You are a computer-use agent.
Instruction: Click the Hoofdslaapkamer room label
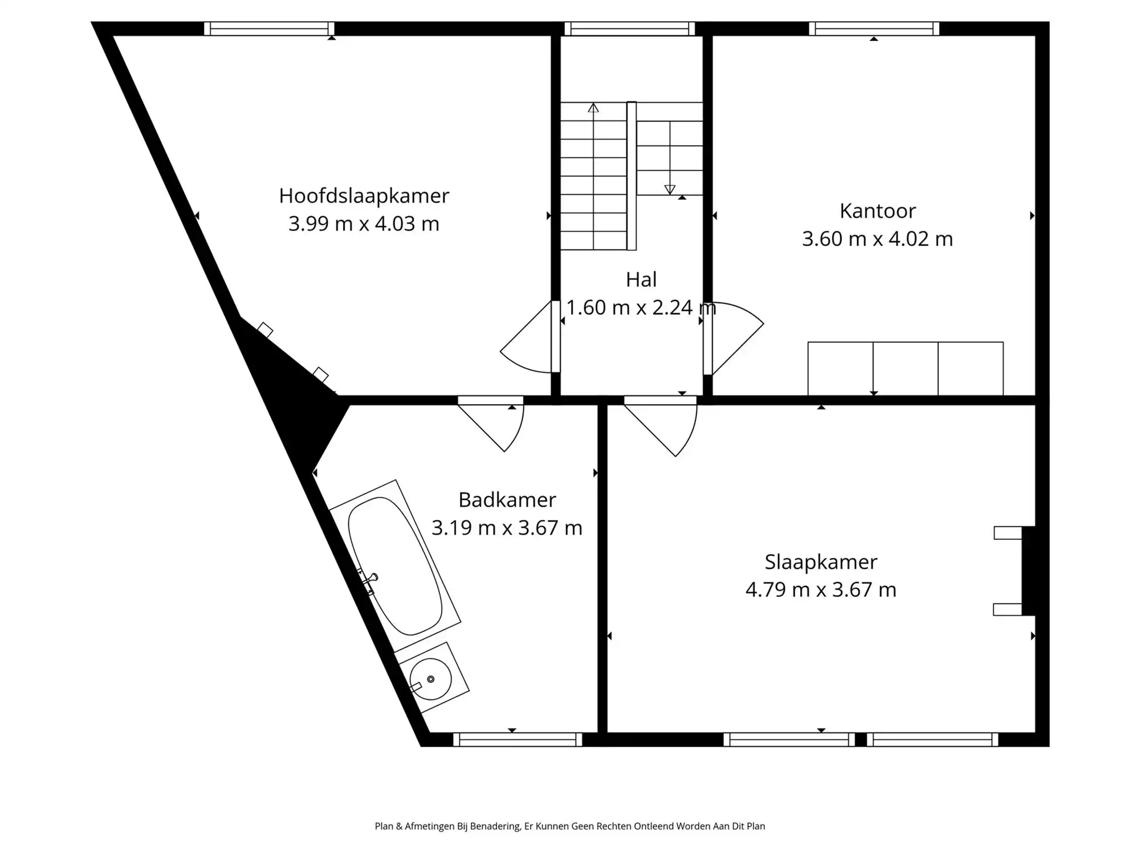click(364, 196)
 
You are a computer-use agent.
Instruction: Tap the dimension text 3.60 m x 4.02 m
click(877, 239)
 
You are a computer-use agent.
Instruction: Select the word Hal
click(641, 280)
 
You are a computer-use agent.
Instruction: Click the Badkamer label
click(507, 500)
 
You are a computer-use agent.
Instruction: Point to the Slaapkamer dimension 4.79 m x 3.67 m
click(821, 589)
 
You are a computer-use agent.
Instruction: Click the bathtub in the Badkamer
click(395, 566)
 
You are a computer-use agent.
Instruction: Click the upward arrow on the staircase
click(593, 108)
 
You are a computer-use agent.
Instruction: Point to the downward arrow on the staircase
click(670, 189)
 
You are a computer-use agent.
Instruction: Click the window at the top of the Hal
click(629, 28)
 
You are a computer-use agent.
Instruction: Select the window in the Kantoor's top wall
click(874, 28)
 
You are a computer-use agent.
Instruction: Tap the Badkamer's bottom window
click(518, 739)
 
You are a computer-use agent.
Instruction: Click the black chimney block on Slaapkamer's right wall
click(1028, 571)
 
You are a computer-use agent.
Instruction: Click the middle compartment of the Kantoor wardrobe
click(905, 368)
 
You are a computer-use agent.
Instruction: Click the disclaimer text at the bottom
click(569, 826)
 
